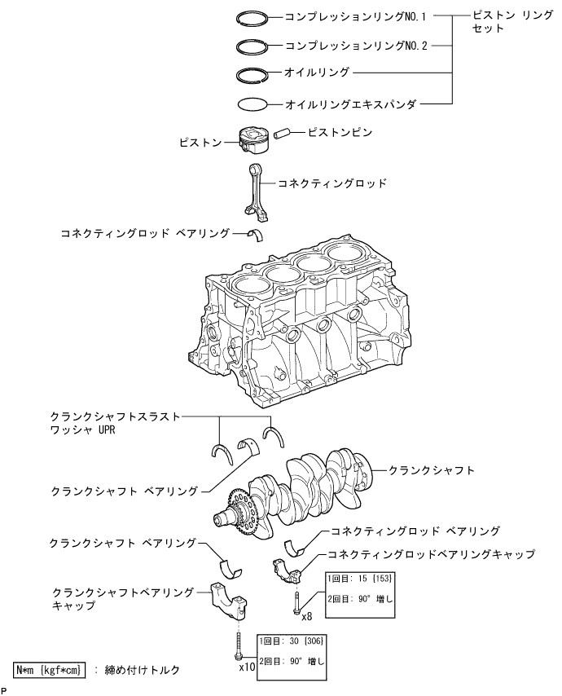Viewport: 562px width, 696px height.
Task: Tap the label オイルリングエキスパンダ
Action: pos(351,104)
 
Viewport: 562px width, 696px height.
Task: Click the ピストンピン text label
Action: pos(340,130)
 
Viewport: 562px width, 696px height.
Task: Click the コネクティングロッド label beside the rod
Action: pos(332,183)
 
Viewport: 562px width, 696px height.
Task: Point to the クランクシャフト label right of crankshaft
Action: pos(432,470)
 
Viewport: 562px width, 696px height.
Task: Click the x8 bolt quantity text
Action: pos(307,616)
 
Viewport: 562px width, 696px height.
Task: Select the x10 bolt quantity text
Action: pos(248,666)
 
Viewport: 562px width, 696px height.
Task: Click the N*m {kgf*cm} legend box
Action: pos(50,669)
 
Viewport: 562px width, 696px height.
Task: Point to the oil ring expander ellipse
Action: pos(252,104)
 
